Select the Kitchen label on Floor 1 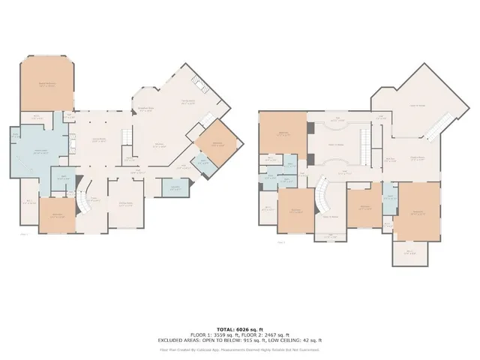[x=160, y=145]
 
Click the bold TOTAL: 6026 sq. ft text [x=239, y=329]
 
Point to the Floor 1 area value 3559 [x=222, y=334]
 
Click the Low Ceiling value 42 [x=319, y=340]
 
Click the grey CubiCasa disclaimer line [x=239, y=349]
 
